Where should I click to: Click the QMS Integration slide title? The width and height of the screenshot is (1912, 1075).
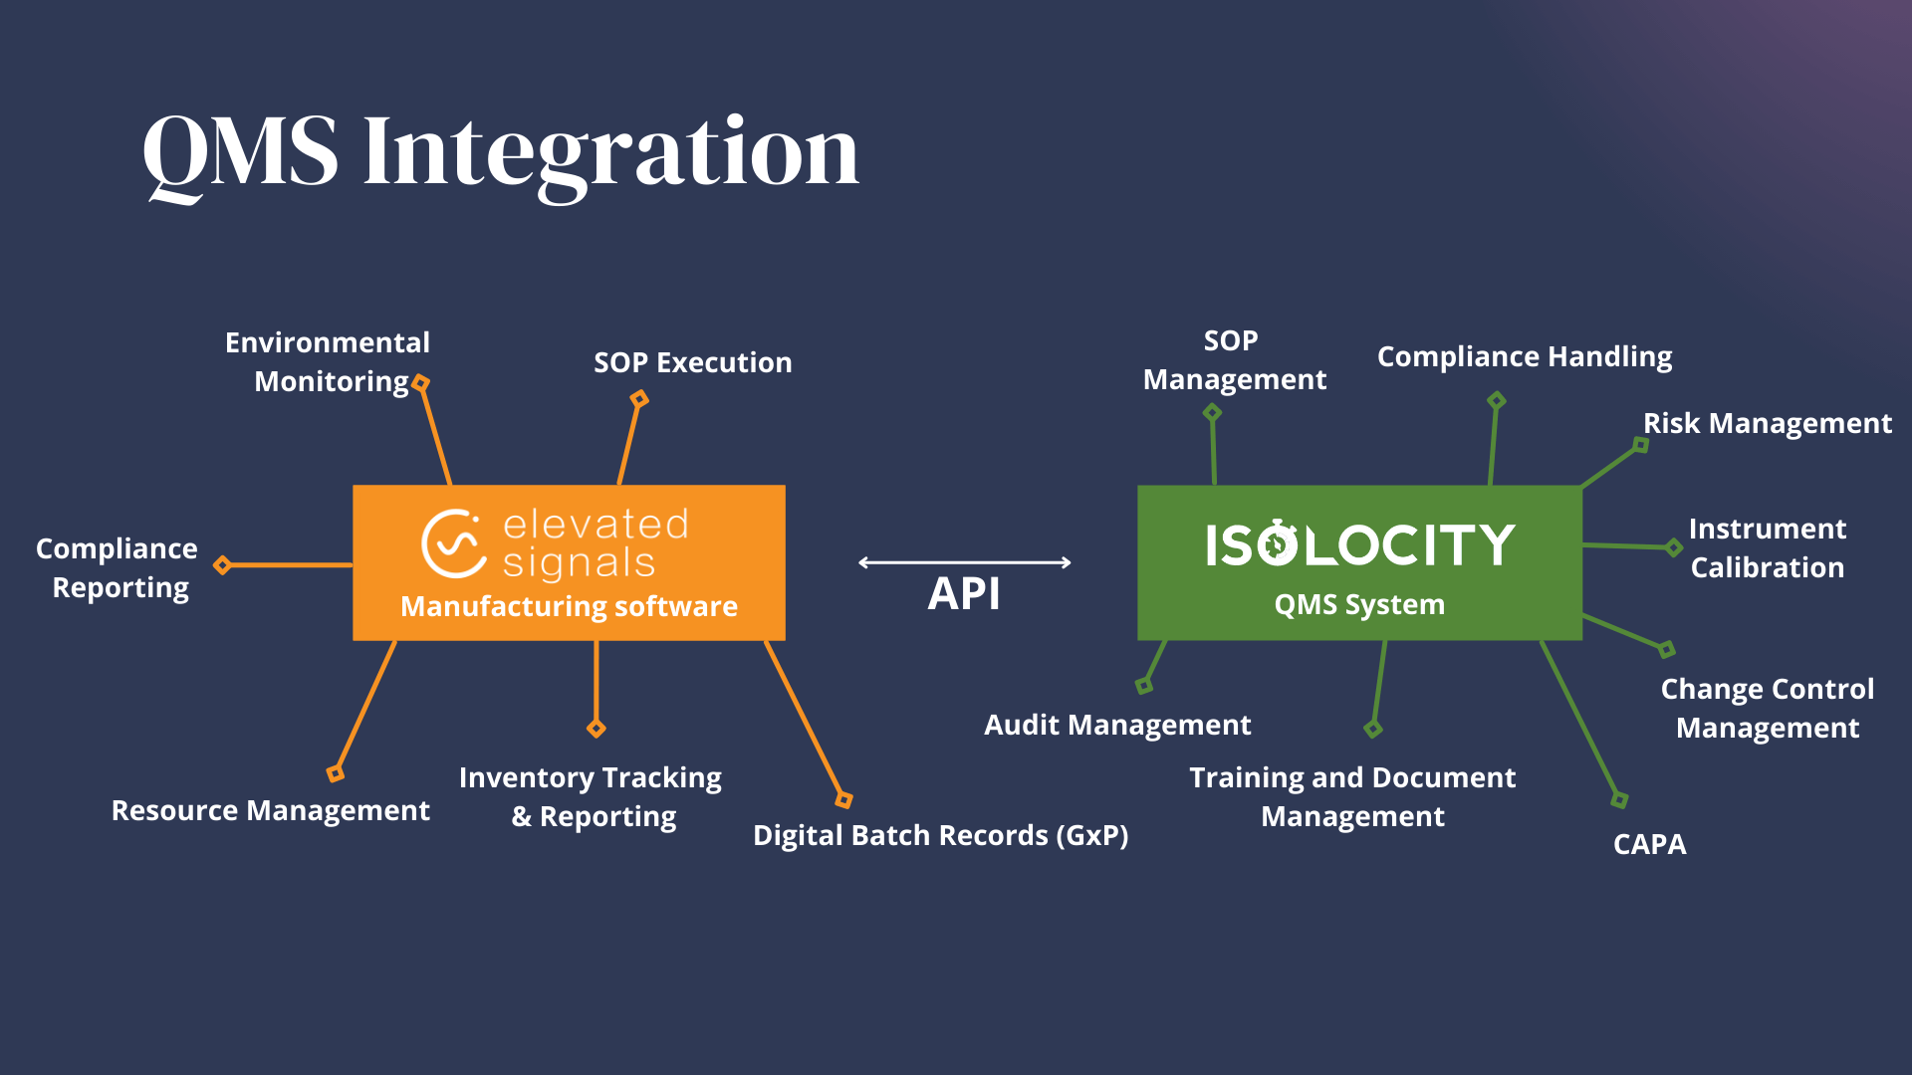coord(501,151)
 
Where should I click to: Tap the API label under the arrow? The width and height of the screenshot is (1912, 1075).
coord(963,594)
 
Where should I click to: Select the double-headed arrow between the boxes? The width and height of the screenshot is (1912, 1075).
coord(964,562)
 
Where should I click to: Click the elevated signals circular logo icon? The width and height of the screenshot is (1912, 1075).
coord(453,543)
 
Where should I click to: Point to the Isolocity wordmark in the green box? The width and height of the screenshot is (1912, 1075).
coord(1359,544)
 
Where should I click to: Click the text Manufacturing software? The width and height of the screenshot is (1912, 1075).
coord(569,606)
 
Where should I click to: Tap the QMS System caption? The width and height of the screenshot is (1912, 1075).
coord(1359,604)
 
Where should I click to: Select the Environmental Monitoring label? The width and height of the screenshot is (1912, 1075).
coord(328,361)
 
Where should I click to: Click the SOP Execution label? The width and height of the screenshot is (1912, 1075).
coord(693,362)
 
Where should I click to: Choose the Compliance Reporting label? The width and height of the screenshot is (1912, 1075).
coord(118,567)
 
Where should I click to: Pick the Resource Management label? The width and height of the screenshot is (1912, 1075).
coord(270,810)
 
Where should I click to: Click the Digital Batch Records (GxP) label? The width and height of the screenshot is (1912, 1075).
coord(940,835)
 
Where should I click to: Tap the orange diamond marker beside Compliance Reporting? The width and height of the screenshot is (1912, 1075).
coord(223,565)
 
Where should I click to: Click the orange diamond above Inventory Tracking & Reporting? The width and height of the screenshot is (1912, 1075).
coord(597,729)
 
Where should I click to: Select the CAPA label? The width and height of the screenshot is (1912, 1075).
coord(1649,844)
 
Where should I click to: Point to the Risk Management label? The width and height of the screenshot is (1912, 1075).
coord(1767,423)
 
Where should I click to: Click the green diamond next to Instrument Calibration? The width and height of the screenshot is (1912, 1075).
coord(1674,546)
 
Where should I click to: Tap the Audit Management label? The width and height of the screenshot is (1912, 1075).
coord(1117,725)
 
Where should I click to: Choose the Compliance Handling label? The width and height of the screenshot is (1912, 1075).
coord(1524,356)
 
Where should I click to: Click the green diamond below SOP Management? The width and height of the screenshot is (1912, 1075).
coord(1212,412)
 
